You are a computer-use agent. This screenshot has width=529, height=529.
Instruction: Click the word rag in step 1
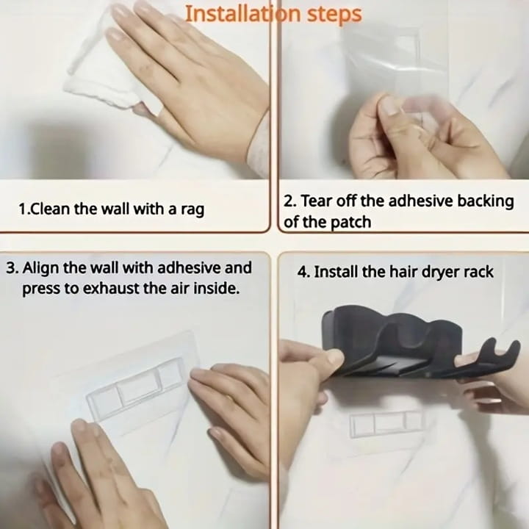192,210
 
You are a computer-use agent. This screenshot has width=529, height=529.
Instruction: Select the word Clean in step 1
50,209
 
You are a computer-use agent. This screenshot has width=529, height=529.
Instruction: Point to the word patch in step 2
350,223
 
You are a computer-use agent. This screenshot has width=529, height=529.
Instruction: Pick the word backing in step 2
486,202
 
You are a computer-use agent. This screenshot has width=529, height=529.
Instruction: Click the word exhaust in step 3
111,289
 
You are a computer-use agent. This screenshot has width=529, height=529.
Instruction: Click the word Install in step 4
336,272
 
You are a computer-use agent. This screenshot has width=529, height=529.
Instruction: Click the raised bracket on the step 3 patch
137,389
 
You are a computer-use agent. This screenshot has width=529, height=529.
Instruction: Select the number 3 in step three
12,269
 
